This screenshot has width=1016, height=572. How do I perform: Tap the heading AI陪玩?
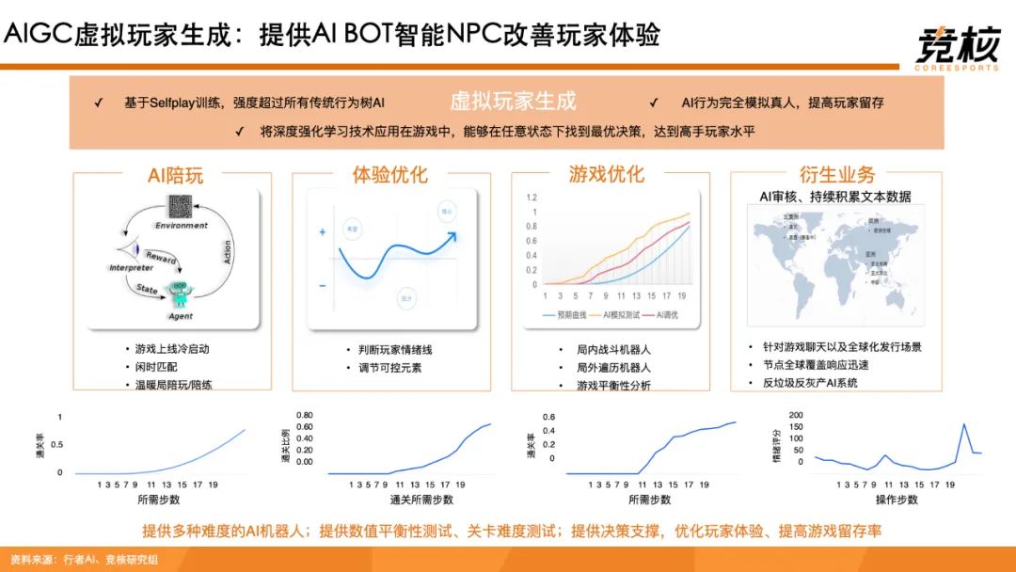click(175, 175)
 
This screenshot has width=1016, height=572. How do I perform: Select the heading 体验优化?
click(389, 175)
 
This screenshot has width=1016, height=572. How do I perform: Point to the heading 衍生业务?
click(836, 175)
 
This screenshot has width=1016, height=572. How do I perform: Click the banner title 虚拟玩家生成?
click(513, 102)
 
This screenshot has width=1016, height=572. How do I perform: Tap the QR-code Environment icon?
click(182, 208)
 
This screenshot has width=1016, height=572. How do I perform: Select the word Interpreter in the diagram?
click(132, 268)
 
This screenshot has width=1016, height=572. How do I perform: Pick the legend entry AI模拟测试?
click(622, 313)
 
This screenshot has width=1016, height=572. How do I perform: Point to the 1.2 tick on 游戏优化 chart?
click(532, 198)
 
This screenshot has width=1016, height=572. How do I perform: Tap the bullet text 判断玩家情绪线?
click(389, 349)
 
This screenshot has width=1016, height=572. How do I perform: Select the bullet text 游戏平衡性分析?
click(612, 386)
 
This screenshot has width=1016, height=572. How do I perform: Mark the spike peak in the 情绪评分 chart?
click(964, 424)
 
